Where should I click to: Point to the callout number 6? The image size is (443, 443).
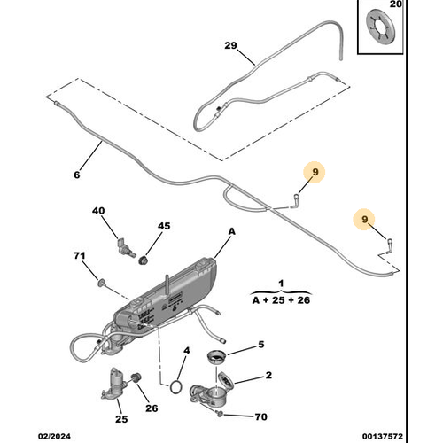pos(76,175)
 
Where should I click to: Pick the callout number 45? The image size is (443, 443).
pos(163,227)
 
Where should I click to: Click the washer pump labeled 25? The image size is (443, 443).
pos(116,382)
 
